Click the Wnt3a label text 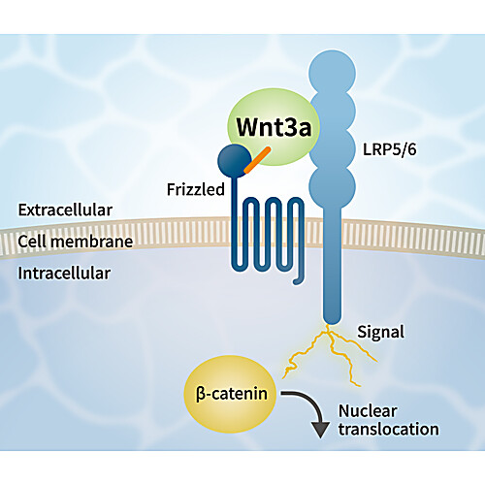tap(274, 127)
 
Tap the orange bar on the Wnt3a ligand tap(257, 160)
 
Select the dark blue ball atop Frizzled tap(235, 161)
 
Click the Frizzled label tap(196, 189)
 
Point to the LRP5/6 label tap(390, 149)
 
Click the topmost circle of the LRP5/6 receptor tap(333, 73)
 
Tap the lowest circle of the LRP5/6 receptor tap(333, 186)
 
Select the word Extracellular tap(65, 210)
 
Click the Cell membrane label tap(75, 242)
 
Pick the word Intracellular tap(64, 274)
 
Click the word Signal tap(380, 333)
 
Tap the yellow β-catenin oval tap(230, 394)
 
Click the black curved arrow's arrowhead tap(320, 430)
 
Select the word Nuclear tap(368, 411)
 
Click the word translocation tap(389, 429)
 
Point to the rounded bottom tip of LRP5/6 tap(333, 323)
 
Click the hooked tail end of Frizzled tap(296, 282)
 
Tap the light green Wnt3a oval tap(274, 127)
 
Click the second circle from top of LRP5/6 tap(333, 112)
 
